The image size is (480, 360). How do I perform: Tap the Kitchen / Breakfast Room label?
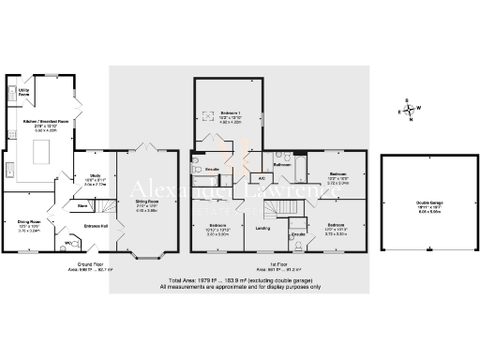point(41,123)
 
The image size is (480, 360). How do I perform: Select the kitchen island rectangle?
point(43,150)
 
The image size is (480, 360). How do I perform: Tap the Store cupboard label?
point(82,204)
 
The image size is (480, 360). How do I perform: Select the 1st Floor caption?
point(265,266)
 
